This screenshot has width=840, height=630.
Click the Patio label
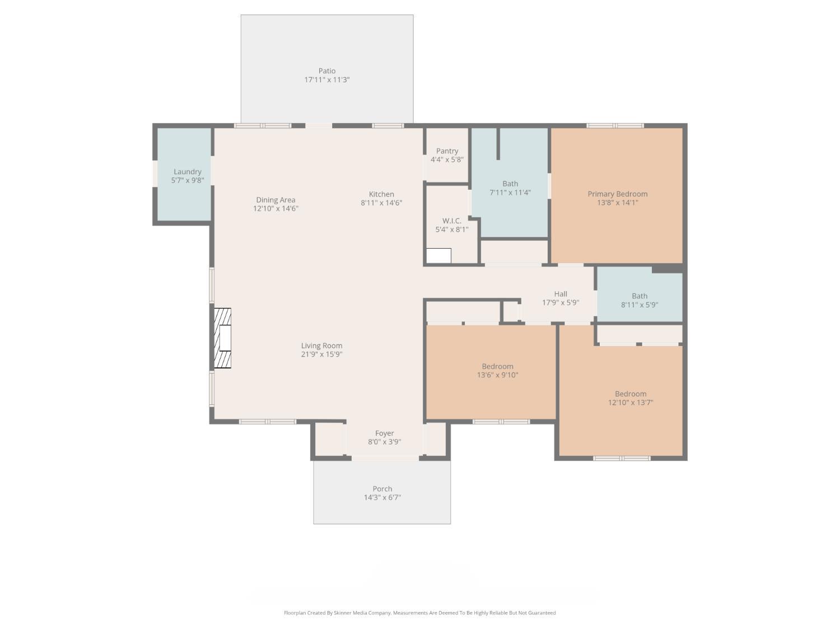pyautogui.click(x=327, y=71)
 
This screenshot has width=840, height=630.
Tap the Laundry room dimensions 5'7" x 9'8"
pyautogui.click(x=187, y=180)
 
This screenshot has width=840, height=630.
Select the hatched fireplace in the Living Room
pyautogui.click(x=222, y=338)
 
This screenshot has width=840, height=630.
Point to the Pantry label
pyautogui.click(x=447, y=151)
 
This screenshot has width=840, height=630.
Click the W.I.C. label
pyautogui.click(x=451, y=221)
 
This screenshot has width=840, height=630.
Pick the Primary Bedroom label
pyautogui.click(x=617, y=194)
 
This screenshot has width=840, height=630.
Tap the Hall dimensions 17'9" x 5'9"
pyautogui.click(x=560, y=302)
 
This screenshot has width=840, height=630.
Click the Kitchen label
pyautogui.click(x=381, y=194)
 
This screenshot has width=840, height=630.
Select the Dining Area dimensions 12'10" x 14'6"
pyautogui.click(x=276, y=208)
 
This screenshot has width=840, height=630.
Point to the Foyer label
pyautogui.click(x=384, y=433)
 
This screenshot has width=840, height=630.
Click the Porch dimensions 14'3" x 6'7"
pyautogui.click(x=382, y=497)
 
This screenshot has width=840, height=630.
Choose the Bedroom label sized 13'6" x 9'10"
pyautogui.click(x=497, y=366)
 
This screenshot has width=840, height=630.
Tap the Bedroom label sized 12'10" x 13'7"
pyautogui.click(x=631, y=394)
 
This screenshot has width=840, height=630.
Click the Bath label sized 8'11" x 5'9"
pyautogui.click(x=640, y=296)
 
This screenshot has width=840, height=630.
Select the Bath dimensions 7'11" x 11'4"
pyautogui.click(x=510, y=193)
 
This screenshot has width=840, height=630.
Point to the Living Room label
pyautogui.click(x=321, y=346)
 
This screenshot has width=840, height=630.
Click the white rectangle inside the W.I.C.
pyautogui.click(x=438, y=255)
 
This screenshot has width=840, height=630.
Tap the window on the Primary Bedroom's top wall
pyautogui.click(x=615, y=125)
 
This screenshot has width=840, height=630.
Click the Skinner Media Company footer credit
pyautogui.click(x=419, y=613)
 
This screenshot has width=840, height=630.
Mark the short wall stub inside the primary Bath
pyautogui.click(x=498, y=143)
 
